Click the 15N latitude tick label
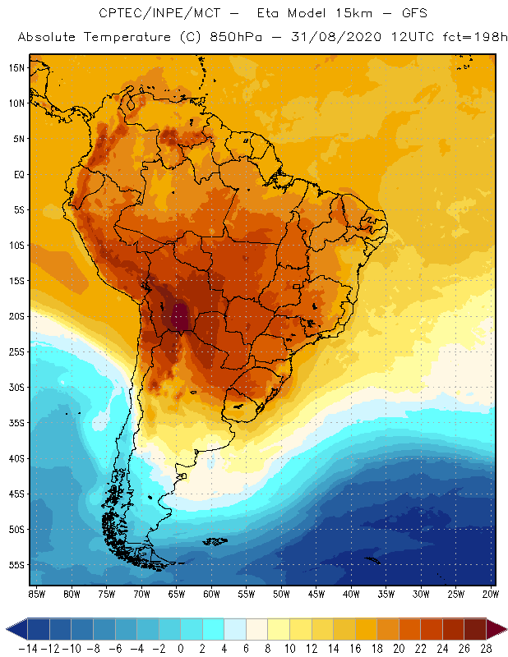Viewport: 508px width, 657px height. point(16,67)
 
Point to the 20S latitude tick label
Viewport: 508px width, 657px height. point(16,316)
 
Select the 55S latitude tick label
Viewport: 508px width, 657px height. point(16,565)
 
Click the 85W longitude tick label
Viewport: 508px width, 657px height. point(37,593)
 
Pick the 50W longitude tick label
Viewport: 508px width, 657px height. point(282,593)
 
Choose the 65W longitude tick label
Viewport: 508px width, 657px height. point(177,593)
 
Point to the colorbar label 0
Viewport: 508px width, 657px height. point(181,649)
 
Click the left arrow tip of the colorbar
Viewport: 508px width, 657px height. point(7,629)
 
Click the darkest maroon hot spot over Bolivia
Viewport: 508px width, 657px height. point(179,315)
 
